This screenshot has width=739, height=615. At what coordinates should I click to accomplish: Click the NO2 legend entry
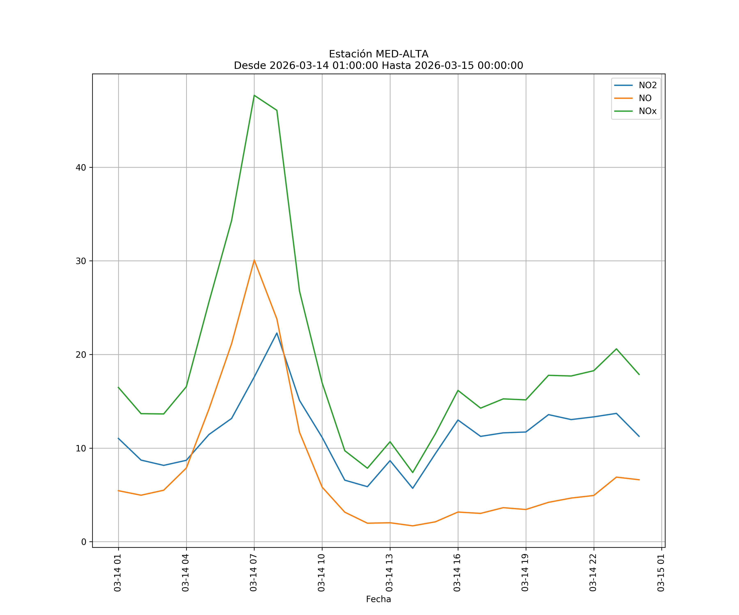647,85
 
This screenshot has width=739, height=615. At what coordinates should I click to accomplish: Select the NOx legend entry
647,111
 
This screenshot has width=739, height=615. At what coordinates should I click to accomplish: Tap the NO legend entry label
645,98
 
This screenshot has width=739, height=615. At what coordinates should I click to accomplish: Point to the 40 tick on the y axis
81,168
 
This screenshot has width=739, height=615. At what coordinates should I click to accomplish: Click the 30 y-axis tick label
81,261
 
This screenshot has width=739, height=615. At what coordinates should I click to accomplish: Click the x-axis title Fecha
378,599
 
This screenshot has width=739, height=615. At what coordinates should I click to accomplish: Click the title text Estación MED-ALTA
378,54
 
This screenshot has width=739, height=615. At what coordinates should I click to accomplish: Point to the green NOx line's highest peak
254,95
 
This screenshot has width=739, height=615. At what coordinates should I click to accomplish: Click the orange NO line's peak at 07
254,260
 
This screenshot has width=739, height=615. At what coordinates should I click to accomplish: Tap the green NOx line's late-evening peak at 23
616,349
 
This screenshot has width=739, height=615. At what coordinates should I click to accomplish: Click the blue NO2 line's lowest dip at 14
412,488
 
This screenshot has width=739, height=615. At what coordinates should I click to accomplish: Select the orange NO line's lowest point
412,526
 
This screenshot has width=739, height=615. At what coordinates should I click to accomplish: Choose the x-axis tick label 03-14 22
593,573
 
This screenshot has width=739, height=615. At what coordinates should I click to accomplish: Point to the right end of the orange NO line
639,480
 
